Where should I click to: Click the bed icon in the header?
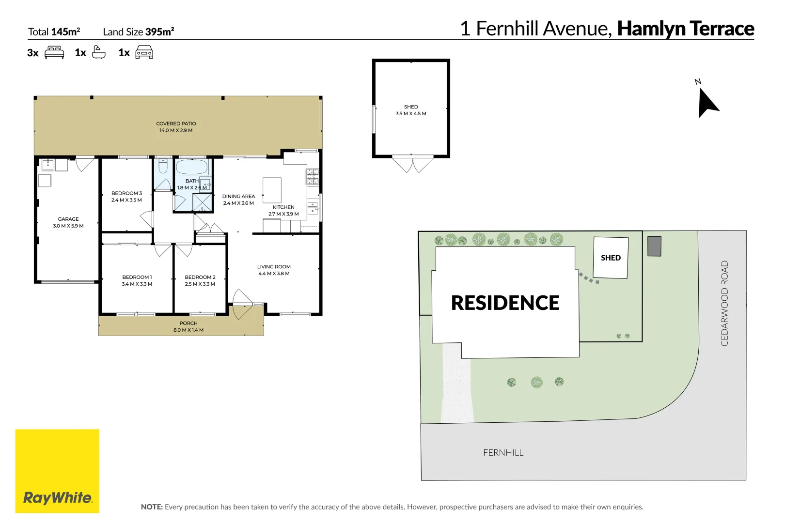click(54, 52)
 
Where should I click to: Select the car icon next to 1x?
click(144, 52)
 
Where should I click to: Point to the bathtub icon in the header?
click(98, 52)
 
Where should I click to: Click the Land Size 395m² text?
click(138, 32)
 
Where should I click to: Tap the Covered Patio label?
click(176, 124)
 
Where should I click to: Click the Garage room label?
click(68, 219)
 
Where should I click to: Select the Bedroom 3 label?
click(126, 193)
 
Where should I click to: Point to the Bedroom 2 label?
click(200, 277)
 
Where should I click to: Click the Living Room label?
click(274, 267)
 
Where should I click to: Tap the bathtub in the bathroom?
click(192, 168)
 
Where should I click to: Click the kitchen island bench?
click(272, 190)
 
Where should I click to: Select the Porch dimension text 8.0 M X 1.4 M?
click(188, 330)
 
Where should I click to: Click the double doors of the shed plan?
click(412, 165)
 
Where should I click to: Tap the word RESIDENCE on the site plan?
click(505, 303)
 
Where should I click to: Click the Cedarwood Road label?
click(724, 303)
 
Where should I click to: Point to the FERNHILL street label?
click(503, 453)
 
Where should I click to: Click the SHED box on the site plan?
click(611, 258)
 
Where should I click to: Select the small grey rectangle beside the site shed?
click(654, 246)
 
